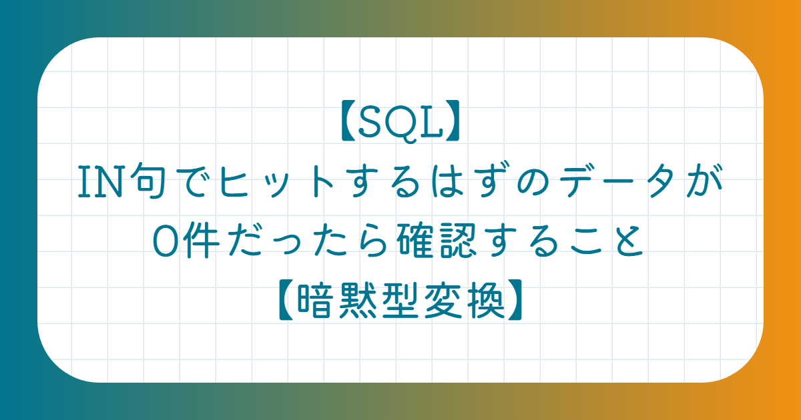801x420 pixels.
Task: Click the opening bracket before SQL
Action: coord(348,121)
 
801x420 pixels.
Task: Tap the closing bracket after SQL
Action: coord(453,121)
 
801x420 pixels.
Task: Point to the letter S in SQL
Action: coord(370,121)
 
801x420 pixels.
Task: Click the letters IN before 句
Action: coord(101,182)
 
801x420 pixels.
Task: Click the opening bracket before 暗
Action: coord(286,299)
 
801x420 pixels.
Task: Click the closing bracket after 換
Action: coord(515,299)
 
